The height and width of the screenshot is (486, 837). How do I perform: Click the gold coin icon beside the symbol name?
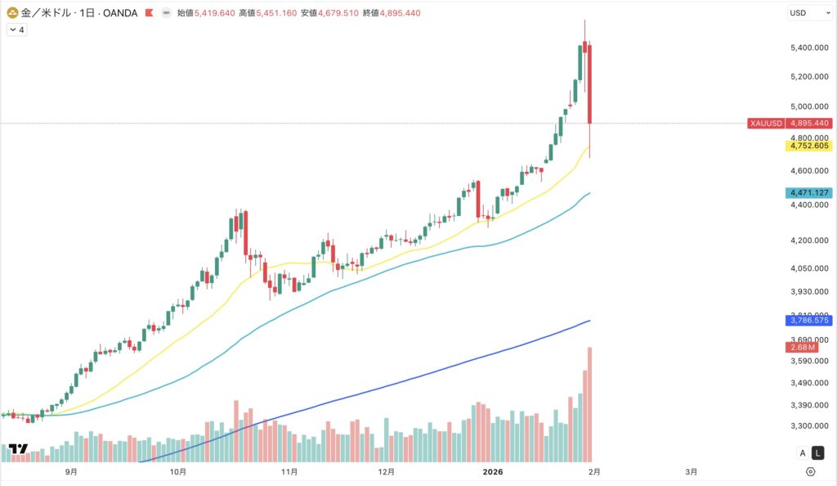click(13, 13)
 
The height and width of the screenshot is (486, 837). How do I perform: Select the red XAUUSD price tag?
click(765, 123)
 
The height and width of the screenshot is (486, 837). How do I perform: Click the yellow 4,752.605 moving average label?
click(808, 146)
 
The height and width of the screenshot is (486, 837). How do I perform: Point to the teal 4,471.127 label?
click(808, 193)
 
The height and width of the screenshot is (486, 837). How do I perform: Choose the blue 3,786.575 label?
click(808, 320)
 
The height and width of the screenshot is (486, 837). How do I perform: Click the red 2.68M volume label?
click(800, 347)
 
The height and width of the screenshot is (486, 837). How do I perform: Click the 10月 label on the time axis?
click(178, 472)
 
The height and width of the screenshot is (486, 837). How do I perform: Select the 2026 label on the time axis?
click(493, 472)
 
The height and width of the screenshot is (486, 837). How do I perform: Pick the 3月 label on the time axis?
click(692, 472)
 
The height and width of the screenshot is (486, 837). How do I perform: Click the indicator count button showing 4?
click(16, 29)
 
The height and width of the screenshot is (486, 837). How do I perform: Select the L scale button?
click(818, 453)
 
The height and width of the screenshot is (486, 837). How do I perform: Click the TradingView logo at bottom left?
click(17, 449)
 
